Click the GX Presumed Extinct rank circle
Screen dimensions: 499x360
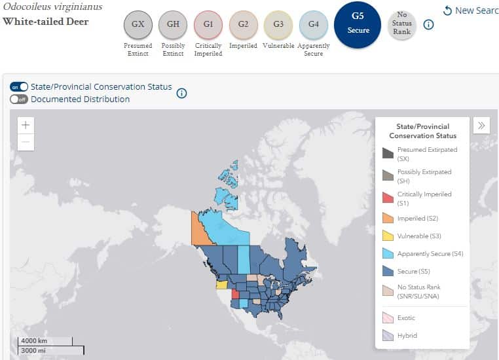click(138, 24)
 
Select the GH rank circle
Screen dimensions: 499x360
click(173, 24)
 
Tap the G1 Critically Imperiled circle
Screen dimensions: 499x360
click(208, 24)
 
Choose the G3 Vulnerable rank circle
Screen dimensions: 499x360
click(278, 24)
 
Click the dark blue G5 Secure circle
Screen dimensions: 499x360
click(358, 25)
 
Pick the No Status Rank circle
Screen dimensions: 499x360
click(401, 24)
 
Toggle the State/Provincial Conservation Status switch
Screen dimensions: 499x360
click(19, 87)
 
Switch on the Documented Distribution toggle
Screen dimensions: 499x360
click(19, 99)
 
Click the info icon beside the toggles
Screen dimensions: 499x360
click(181, 93)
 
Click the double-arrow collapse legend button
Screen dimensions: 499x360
click(481, 125)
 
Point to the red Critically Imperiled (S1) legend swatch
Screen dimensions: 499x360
click(388, 198)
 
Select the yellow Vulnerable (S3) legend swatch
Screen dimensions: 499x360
click(388, 236)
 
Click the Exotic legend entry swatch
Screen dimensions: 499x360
click(388, 317)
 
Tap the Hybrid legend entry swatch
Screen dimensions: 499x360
click(388, 336)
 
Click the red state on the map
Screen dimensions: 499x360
click(236, 294)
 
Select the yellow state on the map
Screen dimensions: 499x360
click(221, 284)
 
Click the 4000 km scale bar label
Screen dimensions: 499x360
click(34, 340)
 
